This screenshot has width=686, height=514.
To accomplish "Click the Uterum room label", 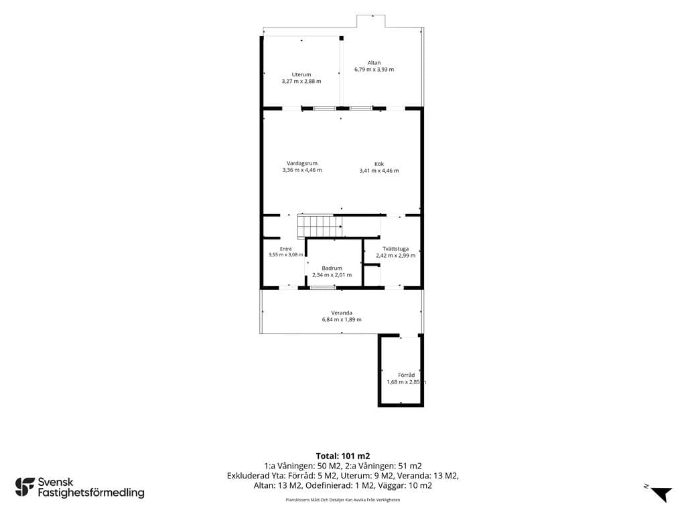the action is pyautogui.click(x=301, y=75).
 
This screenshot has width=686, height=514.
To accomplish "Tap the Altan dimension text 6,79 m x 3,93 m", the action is pyautogui.click(x=374, y=70).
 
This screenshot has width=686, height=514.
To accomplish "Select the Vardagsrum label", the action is pyautogui.click(x=302, y=163).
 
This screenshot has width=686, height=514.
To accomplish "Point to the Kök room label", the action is pyautogui.click(x=379, y=165).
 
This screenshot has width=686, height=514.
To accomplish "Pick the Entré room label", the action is pyautogui.click(x=285, y=249).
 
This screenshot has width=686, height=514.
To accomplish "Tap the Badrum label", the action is pyautogui.click(x=332, y=268).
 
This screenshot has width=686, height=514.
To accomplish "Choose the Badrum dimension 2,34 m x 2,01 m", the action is pyautogui.click(x=332, y=275).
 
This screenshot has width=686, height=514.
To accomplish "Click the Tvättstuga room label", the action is pyautogui.click(x=395, y=249).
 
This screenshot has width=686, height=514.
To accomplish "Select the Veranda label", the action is pyautogui.click(x=342, y=313).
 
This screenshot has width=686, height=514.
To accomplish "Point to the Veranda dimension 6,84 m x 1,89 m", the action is pyautogui.click(x=342, y=319).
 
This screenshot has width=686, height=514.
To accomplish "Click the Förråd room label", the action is pyautogui.click(x=407, y=375).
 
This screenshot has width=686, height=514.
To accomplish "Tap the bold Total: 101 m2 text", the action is pyautogui.click(x=343, y=456).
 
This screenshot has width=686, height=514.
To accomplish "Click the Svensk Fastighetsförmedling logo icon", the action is pyautogui.click(x=25, y=487).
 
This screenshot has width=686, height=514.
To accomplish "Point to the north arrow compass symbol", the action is pyautogui.click(x=661, y=494).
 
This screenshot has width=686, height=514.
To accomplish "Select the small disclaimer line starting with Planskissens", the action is pyautogui.click(x=343, y=499).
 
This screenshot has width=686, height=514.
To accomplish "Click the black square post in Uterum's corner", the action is pyautogui.click(x=342, y=38).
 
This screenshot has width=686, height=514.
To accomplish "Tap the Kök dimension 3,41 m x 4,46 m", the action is pyautogui.click(x=379, y=171).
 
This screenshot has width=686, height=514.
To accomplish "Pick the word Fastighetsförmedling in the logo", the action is pyautogui.click(x=91, y=493).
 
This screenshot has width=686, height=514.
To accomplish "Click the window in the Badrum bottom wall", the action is pyautogui.click(x=323, y=288).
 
